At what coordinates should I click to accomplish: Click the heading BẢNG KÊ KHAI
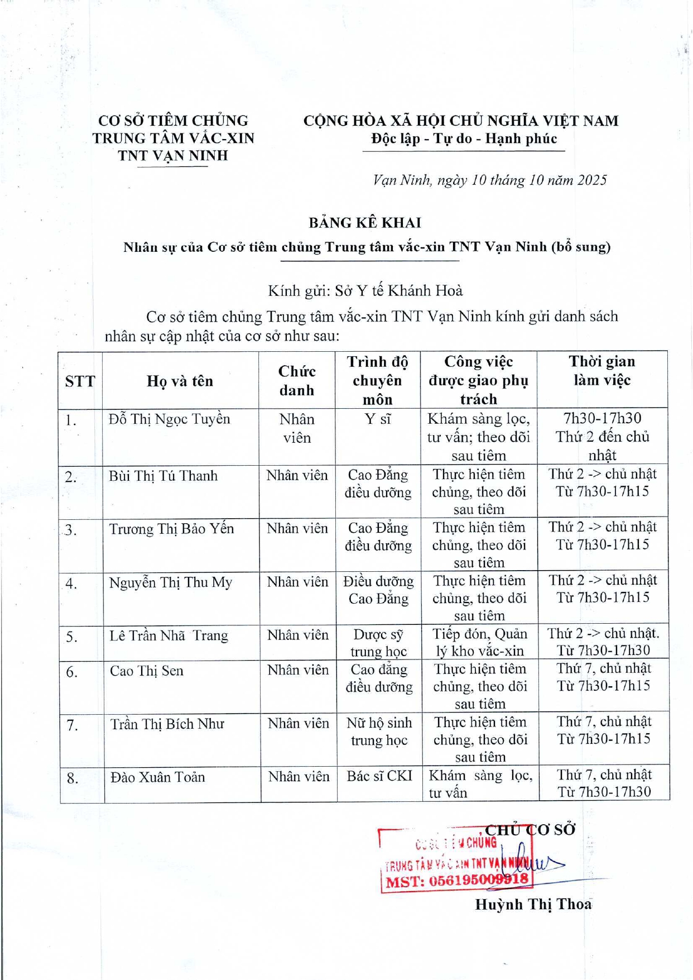(365, 223)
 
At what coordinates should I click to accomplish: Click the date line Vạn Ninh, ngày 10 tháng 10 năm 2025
(489, 180)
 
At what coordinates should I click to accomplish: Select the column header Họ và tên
(180, 381)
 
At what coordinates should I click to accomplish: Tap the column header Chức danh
(297, 381)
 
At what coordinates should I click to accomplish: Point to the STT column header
(80, 381)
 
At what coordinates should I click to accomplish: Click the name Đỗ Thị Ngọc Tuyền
(169, 419)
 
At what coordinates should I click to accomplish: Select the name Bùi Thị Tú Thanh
(163, 476)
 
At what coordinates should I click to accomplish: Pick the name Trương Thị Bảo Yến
(171, 529)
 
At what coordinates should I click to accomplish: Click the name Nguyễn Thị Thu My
(170, 582)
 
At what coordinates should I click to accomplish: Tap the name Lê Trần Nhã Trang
(169, 635)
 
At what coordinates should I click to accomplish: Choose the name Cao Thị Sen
(146, 671)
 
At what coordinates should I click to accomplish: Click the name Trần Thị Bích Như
(167, 724)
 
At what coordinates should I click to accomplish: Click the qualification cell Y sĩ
(378, 419)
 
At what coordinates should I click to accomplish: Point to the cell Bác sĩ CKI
(379, 776)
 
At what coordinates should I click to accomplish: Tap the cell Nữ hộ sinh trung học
(379, 732)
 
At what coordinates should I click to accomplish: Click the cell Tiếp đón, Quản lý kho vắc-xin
(479, 642)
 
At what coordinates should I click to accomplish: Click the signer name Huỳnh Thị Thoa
(533, 905)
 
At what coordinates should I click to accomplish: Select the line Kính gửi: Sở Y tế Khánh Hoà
(365, 291)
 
